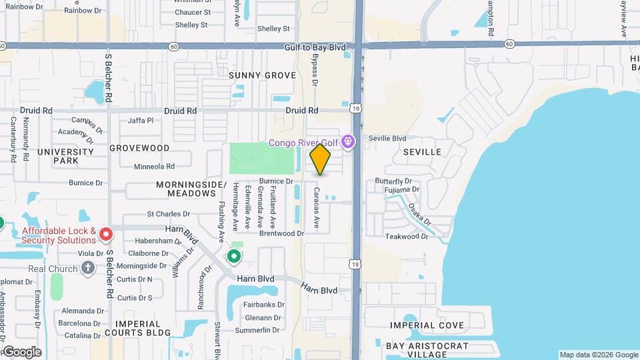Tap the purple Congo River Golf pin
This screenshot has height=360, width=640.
[x=347, y=141]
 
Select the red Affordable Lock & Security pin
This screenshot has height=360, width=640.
[x=105, y=235]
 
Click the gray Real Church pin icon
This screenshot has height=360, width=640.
[x=87, y=268]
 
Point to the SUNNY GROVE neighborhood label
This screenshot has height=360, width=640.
[x=262, y=75]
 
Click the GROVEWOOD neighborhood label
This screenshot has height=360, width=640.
[x=139, y=147]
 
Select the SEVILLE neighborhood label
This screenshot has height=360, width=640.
[x=422, y=152]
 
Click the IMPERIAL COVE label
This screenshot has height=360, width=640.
[x=427, y=325]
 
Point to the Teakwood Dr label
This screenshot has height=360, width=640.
[x=406, y=237]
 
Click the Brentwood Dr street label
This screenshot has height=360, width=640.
[x=281, y=233]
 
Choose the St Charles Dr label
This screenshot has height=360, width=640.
[x=169, y=215]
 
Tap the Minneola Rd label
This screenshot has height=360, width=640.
[x=154, y=167]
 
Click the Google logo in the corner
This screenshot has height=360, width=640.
[x=22, y=351]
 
